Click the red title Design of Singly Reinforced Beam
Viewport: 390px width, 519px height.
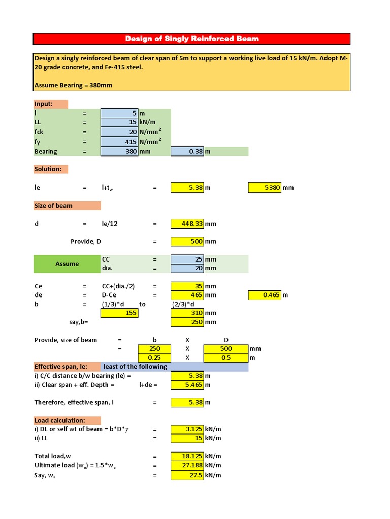tap(192, 39)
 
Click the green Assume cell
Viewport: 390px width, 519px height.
tap(67, 264)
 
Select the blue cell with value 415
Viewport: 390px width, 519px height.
tap(119, 142)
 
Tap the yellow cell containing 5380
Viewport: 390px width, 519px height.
tap(265, 188)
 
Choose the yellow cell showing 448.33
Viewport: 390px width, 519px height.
tap(187, 224)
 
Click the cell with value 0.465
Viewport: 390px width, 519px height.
tap(265, 295)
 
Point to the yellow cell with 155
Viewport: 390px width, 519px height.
tap(119, 313)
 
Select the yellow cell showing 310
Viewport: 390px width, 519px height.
tap(187, 313)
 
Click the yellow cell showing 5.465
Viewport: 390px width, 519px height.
tap(187, 385)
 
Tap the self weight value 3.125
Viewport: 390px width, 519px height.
tap(187, 429)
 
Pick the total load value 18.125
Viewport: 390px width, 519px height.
tap(187, 456)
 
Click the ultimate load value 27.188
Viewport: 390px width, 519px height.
tap(187, 465)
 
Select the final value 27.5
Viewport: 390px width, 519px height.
tap(187, 475)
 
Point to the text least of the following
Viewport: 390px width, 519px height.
tap(135, 367)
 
